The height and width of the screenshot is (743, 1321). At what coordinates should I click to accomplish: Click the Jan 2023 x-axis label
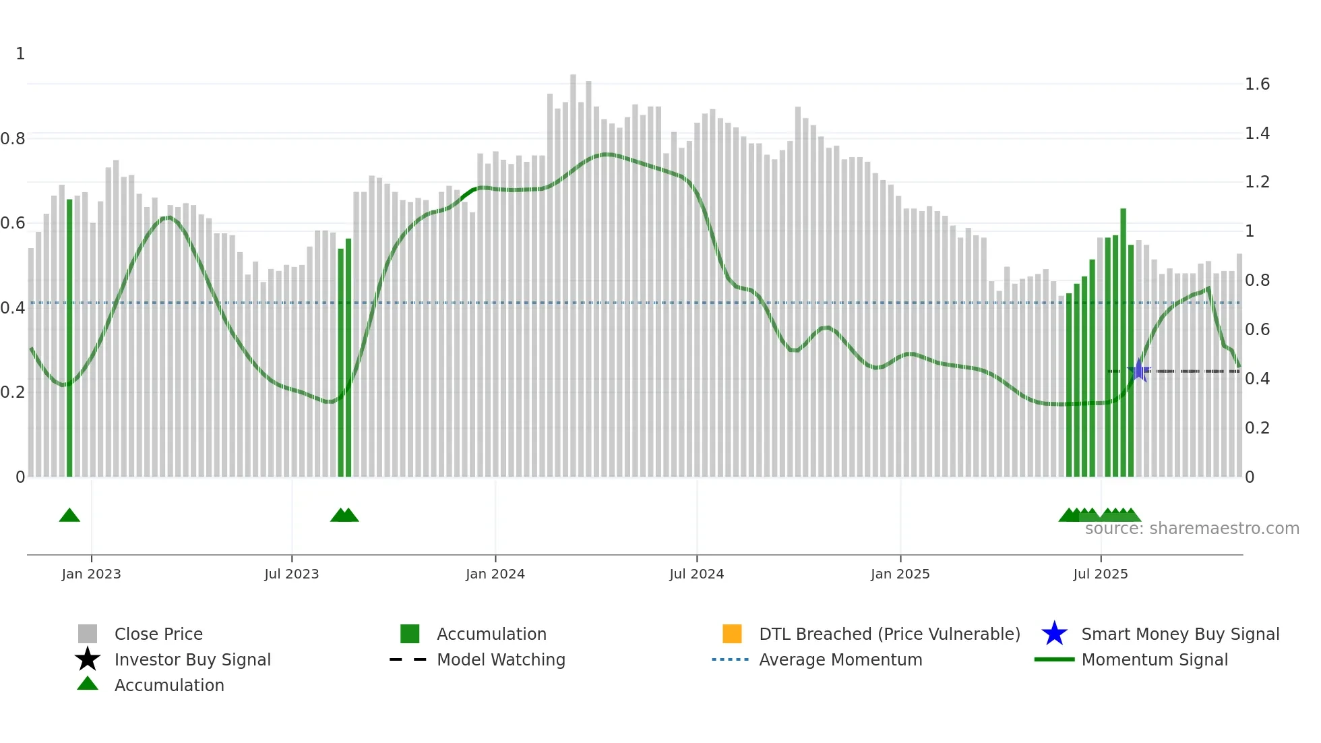(x=91, y=574)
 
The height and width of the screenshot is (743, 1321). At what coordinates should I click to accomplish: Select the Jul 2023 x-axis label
(x=291, y=574)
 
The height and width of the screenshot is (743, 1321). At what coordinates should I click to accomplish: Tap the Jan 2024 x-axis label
(x=495, y=574)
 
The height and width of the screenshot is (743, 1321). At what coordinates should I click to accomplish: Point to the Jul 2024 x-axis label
(x=696, y=574)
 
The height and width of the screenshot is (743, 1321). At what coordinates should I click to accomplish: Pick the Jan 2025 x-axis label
(x=900, y=574)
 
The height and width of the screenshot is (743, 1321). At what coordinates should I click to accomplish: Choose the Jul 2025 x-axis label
(x=1100, y=574)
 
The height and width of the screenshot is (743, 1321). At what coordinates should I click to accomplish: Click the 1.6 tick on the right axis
(x=1257, y=84)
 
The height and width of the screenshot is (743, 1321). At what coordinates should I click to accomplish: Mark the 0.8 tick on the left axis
(x=13, y=139)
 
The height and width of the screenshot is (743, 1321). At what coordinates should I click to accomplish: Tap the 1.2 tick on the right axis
(x=1257, y=182)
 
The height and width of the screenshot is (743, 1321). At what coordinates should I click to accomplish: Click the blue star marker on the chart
(x=1138, y=370)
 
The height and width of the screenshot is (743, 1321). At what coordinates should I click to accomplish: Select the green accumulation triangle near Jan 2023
(x=69, y=516)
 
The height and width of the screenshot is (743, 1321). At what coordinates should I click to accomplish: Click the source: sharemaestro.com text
(x=1192, y=529)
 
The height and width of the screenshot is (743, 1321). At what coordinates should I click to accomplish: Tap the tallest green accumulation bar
(x=1124, y=344)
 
